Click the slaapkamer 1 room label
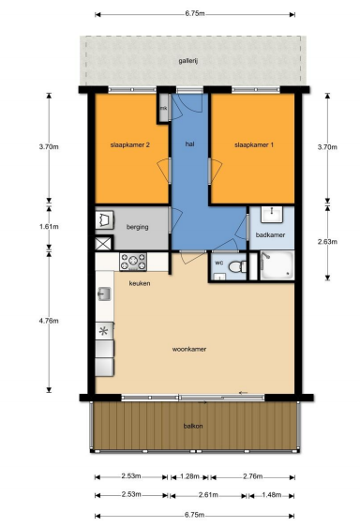point(254,144)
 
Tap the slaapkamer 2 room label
point(130,144)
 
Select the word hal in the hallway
point(189,143)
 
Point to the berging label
point(138,227)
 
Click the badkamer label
point(270,234)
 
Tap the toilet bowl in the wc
point(237,267)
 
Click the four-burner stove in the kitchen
point(133,262)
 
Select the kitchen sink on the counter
point(104,294)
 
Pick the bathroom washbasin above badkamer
point(272,214)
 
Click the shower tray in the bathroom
point(277,265)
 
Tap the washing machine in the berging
point(105,220)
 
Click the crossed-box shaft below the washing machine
point(103,243)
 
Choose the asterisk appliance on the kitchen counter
point(104,331)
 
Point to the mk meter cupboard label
point(163,108)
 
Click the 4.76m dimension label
point(49,321)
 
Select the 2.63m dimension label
point(327,241)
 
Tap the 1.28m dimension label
point(189,476)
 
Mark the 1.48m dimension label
point(271,494)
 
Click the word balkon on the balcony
point(193,426)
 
